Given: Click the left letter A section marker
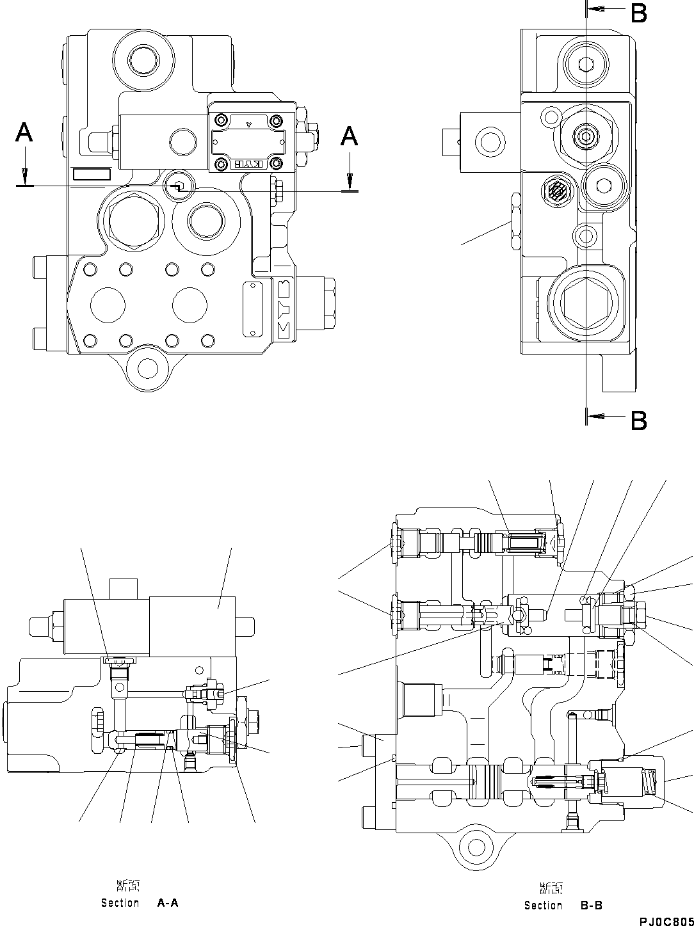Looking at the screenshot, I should [24, 133].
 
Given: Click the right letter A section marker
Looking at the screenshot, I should [348, 136].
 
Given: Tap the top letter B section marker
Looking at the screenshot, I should [638, 13].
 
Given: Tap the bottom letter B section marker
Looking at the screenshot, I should [638, 420].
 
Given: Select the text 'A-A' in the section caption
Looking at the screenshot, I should [168, 903].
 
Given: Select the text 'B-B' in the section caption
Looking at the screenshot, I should [590, 906].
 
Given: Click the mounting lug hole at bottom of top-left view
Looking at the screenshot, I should [148, 368].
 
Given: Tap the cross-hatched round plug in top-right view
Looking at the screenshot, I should [556, 190].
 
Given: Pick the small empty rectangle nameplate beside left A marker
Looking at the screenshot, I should [92, 175].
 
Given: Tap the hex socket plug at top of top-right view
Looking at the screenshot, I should [586, 63].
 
